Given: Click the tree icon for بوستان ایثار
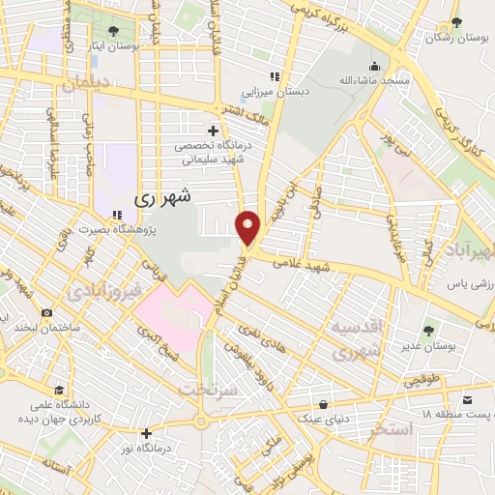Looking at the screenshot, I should click(x=113, y=32).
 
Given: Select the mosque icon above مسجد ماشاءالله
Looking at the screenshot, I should click(x=374, y=67).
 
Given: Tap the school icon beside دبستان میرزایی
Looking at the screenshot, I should click(x=275, y=76).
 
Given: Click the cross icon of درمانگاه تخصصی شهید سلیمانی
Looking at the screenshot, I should click(x=213, y=131).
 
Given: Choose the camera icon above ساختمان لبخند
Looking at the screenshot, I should click(x=46, y=313).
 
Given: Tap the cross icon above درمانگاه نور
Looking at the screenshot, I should click(x=146, y=433).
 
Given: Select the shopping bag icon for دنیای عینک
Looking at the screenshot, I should click(x=323, y=404).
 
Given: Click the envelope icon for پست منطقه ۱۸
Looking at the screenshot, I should click(x=468, y=400).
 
